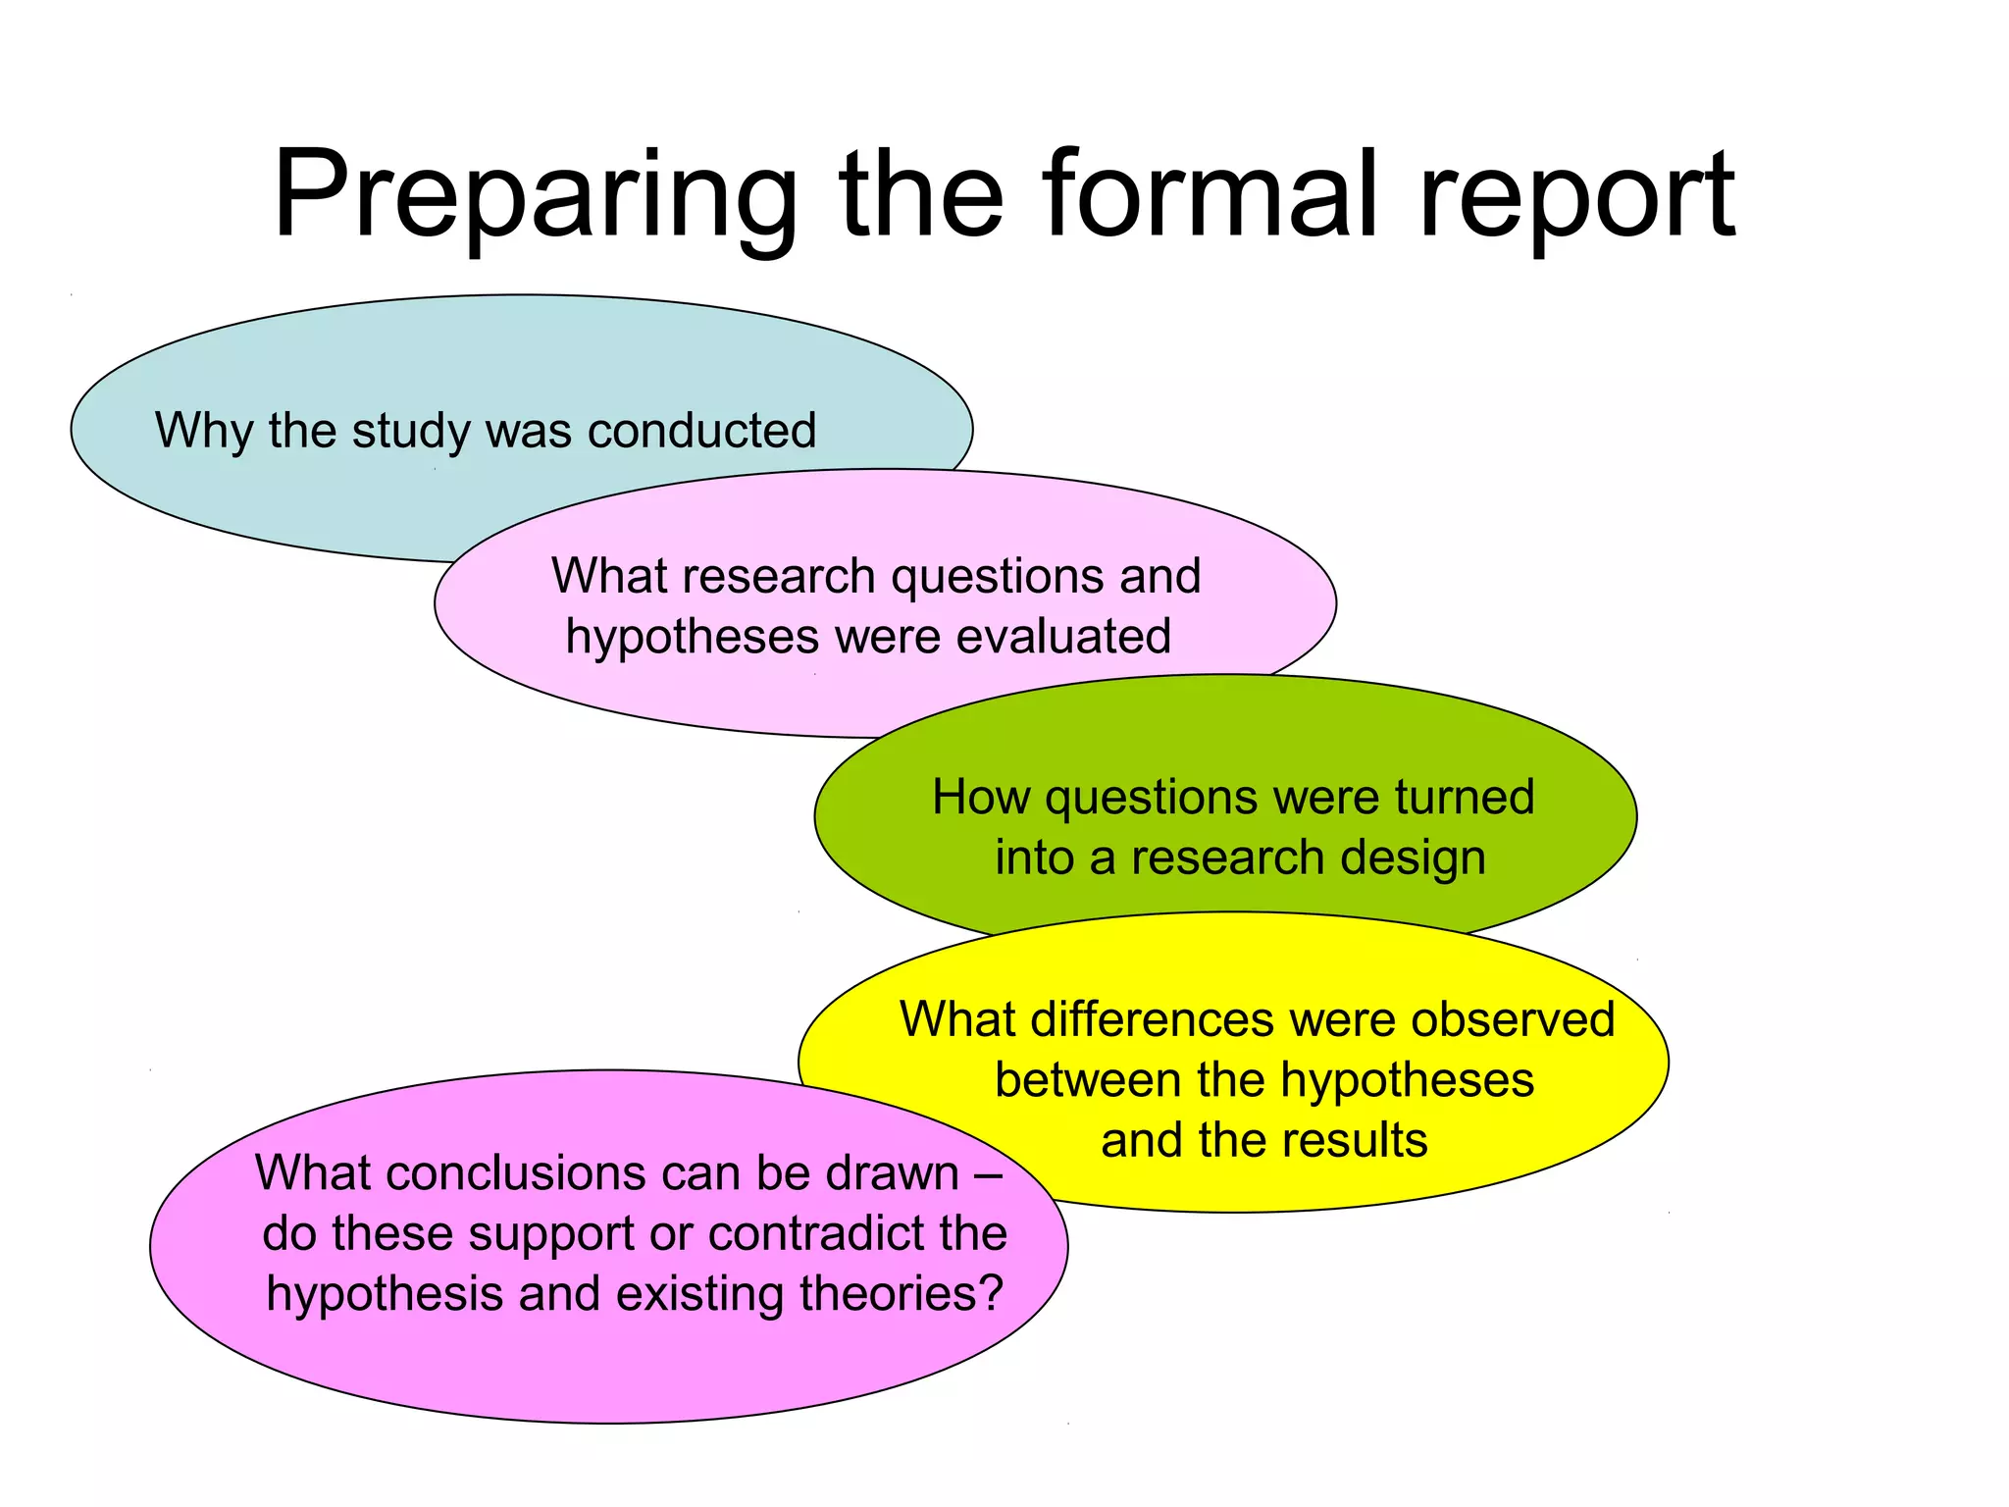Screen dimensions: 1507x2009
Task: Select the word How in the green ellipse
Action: coord(980,797)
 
